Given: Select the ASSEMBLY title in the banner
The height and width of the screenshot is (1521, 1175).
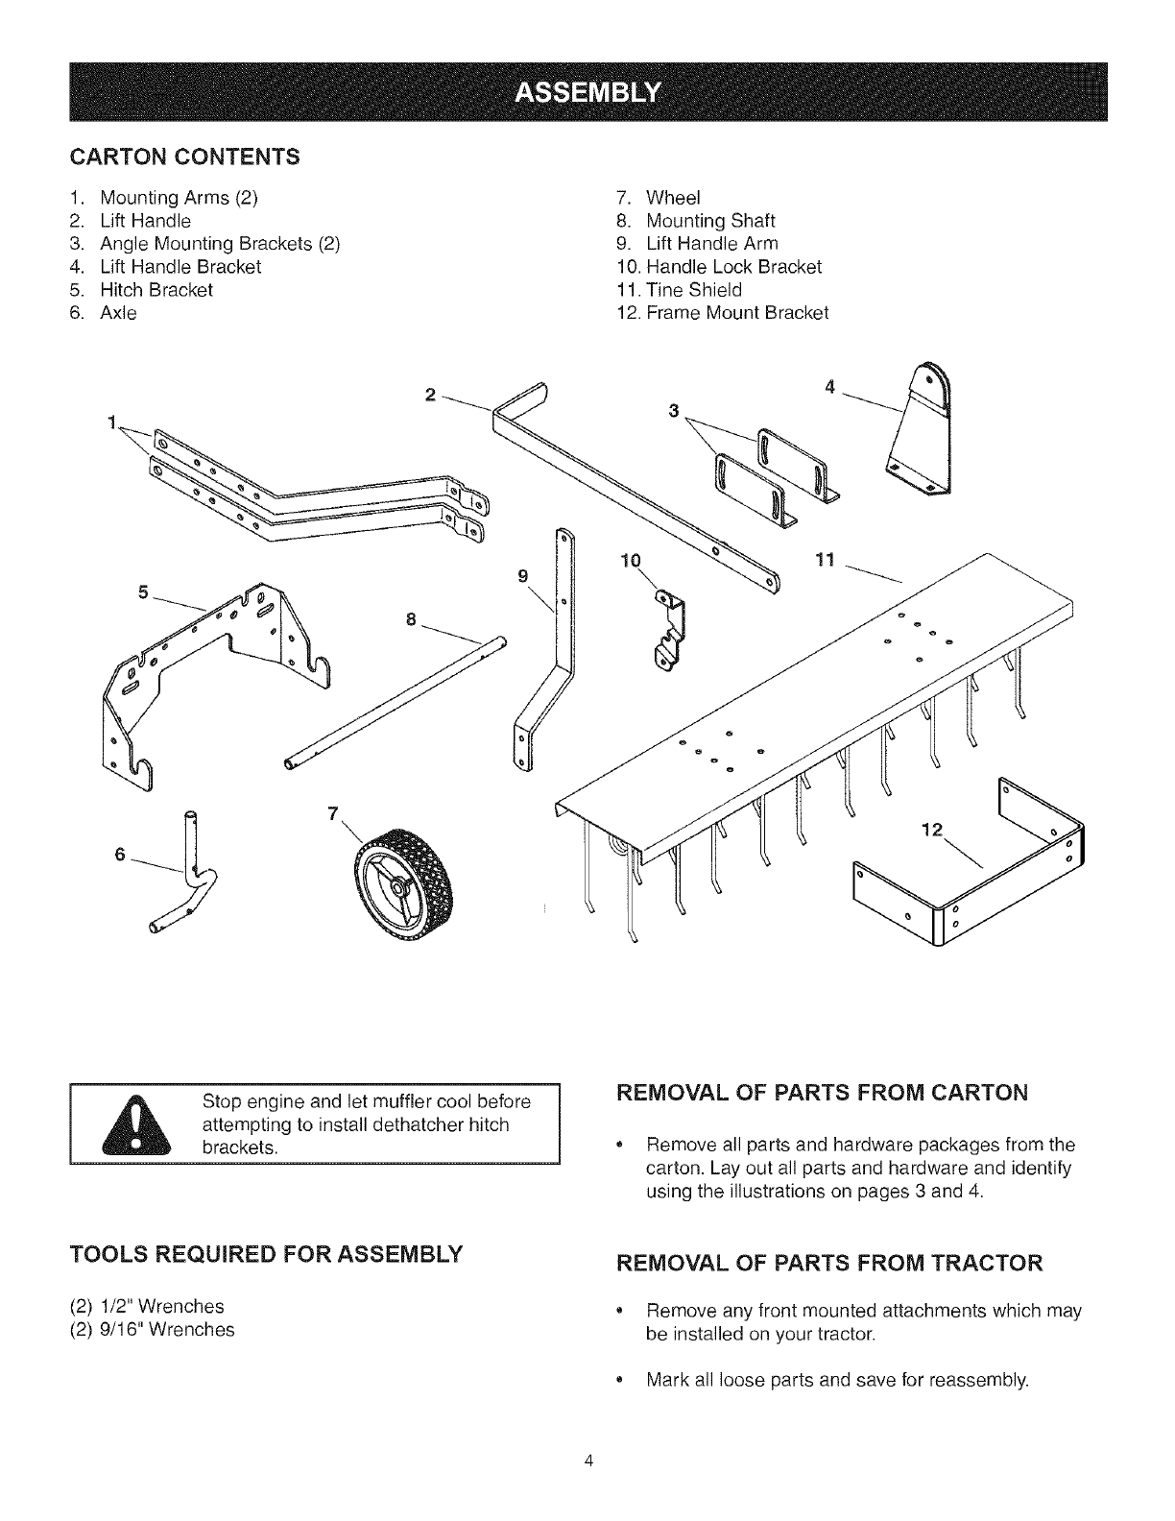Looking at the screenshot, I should click(x=588, y=92).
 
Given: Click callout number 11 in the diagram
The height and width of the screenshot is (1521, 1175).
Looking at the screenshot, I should click(x=827, y=559).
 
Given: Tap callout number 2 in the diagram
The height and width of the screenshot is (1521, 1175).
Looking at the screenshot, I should click(x=430, y=395).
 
